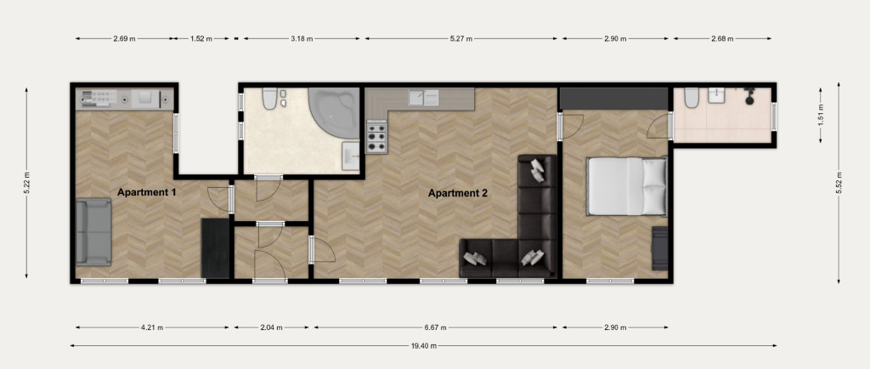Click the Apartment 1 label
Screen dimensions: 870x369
[146, 193]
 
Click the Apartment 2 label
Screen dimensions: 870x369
[458, 194]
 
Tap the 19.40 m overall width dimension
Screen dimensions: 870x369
[423, 346]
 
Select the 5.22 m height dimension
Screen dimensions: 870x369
[26, 183]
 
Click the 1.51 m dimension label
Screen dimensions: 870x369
[821, 116]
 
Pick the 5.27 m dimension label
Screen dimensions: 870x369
[461, 39]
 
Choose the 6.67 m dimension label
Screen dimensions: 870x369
[436, 327]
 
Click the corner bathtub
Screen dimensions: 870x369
[334, 112]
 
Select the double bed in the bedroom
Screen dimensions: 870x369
[627, 186]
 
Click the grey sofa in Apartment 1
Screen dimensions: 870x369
[93, 232]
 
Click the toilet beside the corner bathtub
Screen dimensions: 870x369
[269, 99]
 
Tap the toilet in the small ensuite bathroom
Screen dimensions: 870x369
[692, 97]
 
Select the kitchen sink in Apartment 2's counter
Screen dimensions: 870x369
[424, 97]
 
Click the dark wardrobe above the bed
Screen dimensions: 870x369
[613, 99]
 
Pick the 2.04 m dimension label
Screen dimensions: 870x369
[271, 327]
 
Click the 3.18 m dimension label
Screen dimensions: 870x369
[302, 39]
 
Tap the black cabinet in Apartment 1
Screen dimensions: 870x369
[215, 248]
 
